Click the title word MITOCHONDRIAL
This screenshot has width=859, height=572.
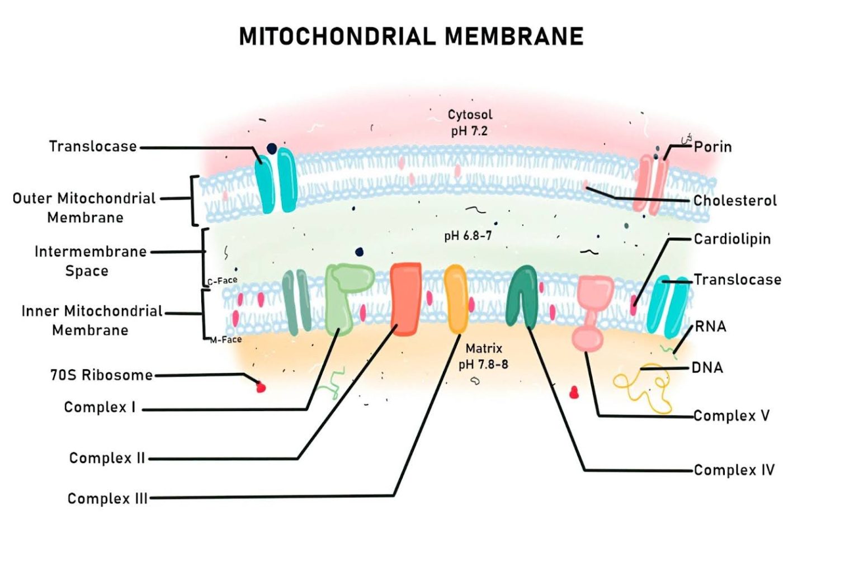click(337, 37)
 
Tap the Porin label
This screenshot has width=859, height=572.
click(712, 147)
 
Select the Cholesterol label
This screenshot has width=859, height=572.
click(735, 201)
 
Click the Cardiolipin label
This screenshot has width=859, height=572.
click(732, 239)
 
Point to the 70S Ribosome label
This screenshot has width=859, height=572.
click(101, 375)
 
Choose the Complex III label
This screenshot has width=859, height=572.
click(107, 499)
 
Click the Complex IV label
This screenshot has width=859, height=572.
click(734, 470)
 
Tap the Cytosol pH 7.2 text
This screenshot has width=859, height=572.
click(470, 123)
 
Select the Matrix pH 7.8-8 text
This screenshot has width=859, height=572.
click(483, 357)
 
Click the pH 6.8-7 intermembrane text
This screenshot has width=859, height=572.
click(468, 236)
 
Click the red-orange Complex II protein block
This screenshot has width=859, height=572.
click(405, 299)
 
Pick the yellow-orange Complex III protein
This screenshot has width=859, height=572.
click(456, 299)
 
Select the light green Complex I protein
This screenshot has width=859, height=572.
click(343, 296)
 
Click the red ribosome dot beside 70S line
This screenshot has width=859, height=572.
click(261, 386)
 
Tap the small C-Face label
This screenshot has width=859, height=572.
click(223, 281)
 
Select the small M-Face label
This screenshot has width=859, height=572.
click(226, 340)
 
